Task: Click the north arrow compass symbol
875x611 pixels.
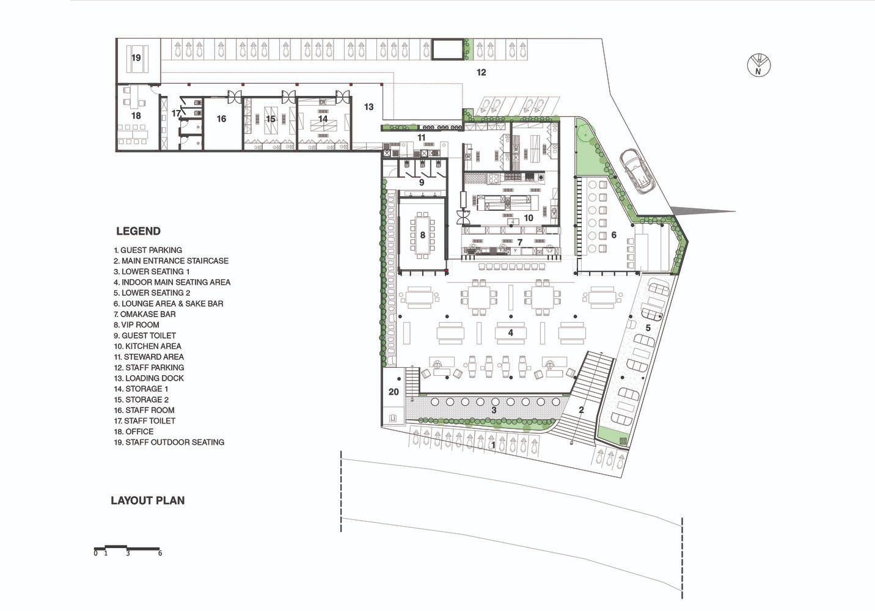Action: coord(758,65)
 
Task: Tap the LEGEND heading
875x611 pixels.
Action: coord(138,232)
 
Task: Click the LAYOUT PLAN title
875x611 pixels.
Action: coord(148,500)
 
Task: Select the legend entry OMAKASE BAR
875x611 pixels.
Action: coord(145,314)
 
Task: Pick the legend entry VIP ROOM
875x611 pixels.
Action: coord(136,324)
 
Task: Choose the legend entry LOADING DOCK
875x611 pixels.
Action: coord(149,378)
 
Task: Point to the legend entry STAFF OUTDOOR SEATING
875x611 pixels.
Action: coord(169,442)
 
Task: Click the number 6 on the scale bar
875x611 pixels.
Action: coord(160,553)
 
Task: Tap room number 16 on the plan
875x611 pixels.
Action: coord(221,119)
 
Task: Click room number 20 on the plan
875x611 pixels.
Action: coord(394,392)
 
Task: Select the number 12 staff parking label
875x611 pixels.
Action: coord(481,72)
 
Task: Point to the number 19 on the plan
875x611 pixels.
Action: coord(136,58)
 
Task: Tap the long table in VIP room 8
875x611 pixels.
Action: coord(422,235)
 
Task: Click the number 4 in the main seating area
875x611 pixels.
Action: coord(511,333)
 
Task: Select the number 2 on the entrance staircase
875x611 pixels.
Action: coord(581,410)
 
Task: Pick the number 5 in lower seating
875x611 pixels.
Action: coord(648,327)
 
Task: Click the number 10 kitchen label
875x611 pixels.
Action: coord(529,218)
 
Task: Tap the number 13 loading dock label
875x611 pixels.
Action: coord(368,107)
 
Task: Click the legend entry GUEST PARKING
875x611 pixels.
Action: coord(148,250)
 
